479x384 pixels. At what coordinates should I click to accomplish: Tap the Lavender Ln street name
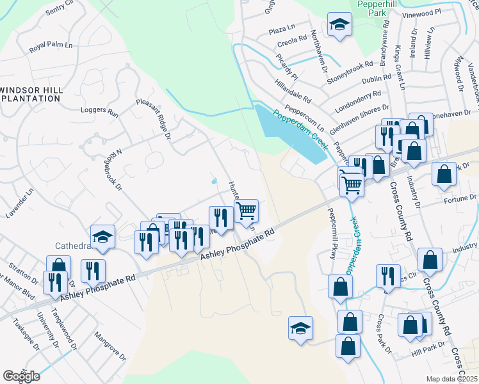28,200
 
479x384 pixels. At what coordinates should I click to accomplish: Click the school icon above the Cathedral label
103,236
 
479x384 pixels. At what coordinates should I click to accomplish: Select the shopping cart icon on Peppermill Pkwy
351,183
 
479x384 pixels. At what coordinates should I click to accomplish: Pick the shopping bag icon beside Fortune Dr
444,174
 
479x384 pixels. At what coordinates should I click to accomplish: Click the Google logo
21,376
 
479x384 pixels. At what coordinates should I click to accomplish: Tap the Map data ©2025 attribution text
452,379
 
